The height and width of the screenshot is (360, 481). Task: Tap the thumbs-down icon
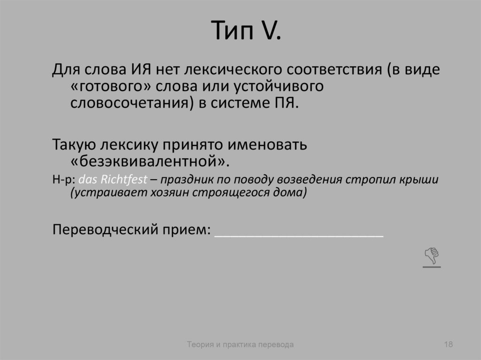coord(432,257)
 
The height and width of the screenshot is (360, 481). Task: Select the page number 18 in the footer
coord(448,345)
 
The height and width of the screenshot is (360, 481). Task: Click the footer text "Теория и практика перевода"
coord(240,345)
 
